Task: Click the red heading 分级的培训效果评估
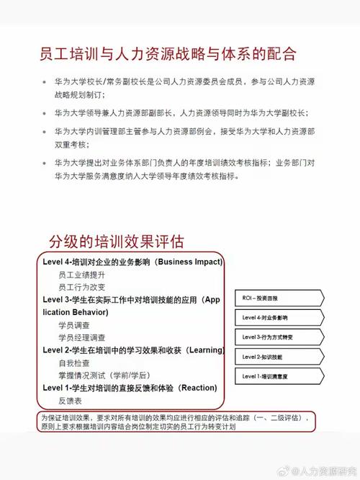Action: coord(116,241)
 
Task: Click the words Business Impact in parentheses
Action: coord(189,261)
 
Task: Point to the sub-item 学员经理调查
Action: coord(81,337)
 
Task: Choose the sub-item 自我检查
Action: coord(74,363)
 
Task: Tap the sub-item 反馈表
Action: coord(71,401)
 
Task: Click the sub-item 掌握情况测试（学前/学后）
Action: coord(104,375)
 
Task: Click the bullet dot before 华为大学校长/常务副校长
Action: coord(46,83)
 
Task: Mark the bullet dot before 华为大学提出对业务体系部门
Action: coord(46,163)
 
